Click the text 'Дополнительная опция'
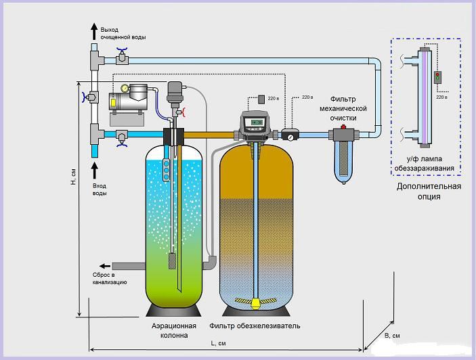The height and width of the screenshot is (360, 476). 429,192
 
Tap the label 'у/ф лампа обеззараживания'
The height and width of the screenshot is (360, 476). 426,164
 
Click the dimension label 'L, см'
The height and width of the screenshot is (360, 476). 218,343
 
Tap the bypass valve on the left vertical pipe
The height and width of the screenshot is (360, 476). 87,97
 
